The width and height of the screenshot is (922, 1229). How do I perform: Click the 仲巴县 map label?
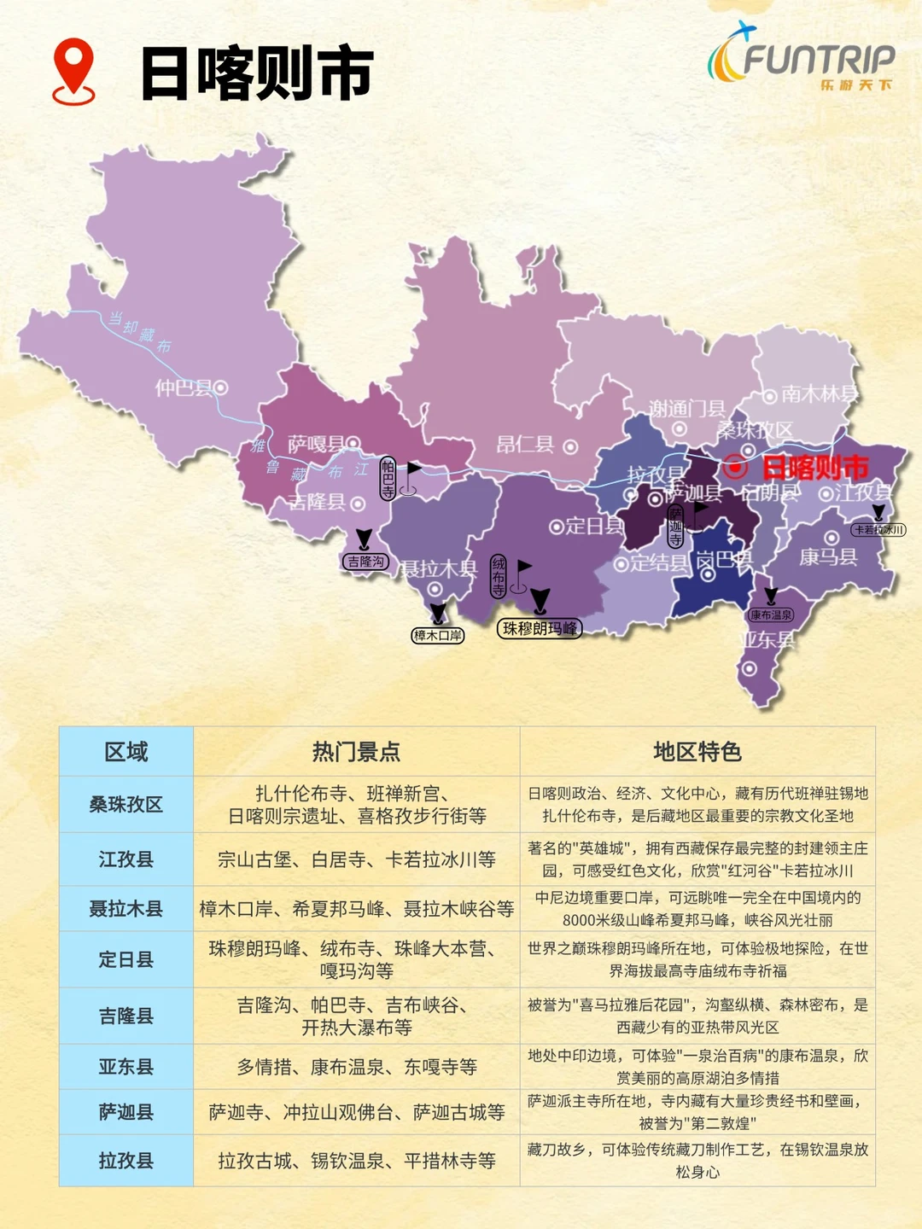point(183,388)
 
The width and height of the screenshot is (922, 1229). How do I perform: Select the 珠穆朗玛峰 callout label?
point(539,629)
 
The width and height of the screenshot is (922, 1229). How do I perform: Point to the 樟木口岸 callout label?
point(438,635)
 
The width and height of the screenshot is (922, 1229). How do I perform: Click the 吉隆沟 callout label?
point(366,562)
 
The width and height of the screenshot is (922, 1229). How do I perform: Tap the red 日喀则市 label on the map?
point(814,468)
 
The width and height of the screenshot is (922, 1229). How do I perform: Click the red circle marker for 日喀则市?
point(734,467)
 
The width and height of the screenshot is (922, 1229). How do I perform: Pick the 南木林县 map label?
point(818,393)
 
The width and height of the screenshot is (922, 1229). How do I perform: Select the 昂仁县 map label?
point(526,445)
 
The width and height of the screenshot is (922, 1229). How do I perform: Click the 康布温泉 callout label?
point(771,614)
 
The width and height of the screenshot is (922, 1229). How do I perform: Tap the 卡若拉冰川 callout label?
point(878,530)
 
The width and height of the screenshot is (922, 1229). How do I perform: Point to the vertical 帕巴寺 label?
point(388,478)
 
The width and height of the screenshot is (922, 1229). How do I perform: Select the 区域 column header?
point(126,752)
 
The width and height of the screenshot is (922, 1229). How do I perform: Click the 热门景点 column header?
point(356,752)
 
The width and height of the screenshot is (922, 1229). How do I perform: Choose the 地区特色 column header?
point(697,752)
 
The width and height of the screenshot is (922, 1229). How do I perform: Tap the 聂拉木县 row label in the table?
point(126,909)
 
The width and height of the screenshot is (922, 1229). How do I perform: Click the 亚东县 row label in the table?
point(126,1067)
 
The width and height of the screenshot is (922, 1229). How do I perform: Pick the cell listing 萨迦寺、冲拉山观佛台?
point(356,1112)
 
